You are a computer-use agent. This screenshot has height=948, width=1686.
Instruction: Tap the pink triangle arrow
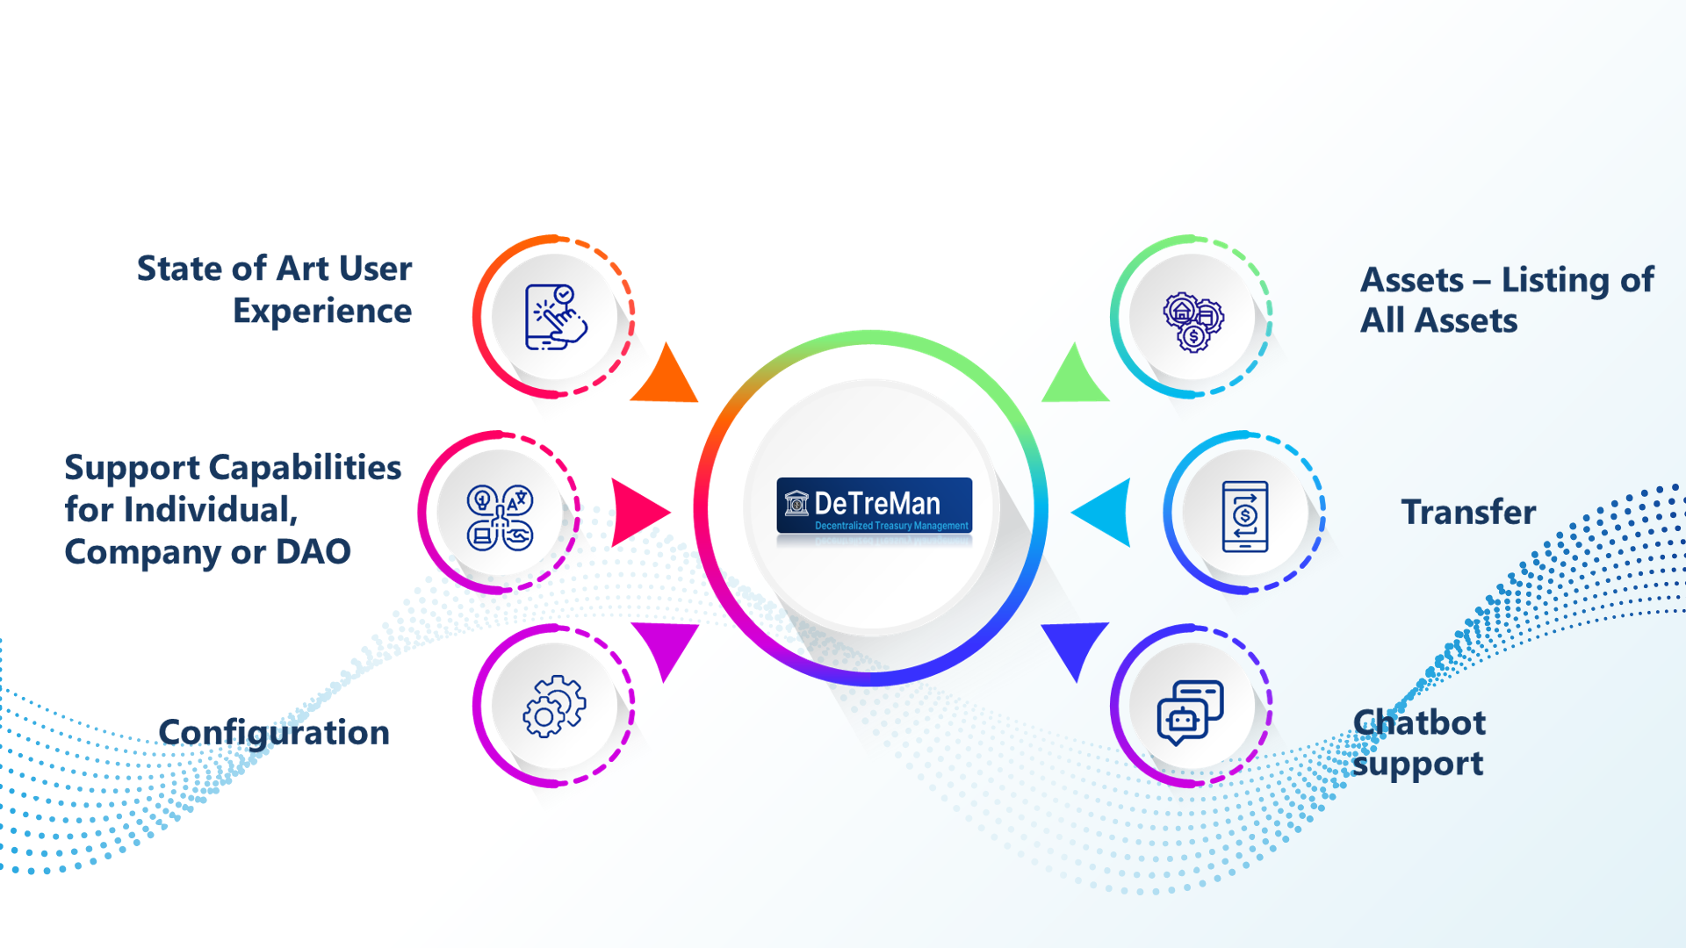click(636, 512)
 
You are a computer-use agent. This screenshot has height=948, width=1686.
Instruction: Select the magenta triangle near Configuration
click(666, 645)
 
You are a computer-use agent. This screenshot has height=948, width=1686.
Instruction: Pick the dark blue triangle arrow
click(1075, 645)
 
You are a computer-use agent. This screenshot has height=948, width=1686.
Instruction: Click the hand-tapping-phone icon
click(555, 317)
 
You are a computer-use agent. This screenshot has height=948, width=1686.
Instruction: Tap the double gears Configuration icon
click(554, 706)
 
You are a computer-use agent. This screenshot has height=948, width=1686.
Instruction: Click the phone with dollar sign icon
click(1245, 516)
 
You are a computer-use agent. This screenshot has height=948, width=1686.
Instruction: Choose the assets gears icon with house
click(1192, 321)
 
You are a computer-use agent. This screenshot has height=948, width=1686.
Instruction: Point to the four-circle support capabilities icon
click(500, 518)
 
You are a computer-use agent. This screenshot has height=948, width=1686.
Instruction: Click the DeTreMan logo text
click(876, 503)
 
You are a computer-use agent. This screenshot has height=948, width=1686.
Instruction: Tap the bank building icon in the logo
click(796, 503)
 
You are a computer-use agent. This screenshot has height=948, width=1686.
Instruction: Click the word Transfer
click(1468, 512)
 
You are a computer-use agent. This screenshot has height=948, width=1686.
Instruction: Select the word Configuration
click(274, 733)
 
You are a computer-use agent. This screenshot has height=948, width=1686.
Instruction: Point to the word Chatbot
click(1419, 723)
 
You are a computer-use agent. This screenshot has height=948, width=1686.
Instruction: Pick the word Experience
click(322, 312)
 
